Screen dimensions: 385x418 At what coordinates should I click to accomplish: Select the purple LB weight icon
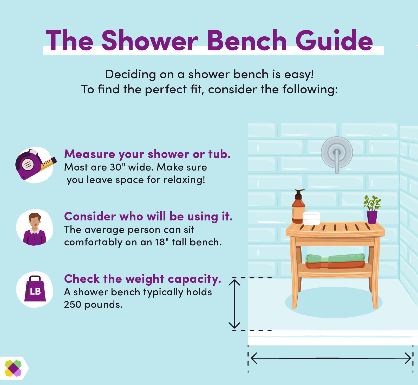click(x=35, y=290)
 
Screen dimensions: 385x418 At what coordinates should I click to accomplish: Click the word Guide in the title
click(x=334, y=41)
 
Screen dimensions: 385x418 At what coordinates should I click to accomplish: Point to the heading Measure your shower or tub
click(x=147, y=154)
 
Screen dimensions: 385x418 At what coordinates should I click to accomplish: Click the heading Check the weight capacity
click(x=142, y=279)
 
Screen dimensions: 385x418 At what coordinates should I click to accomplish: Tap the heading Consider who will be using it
click(x=148, y=216)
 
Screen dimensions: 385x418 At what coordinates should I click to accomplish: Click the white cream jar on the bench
click(x=311, y=218)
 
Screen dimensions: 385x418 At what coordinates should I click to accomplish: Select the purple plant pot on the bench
click(x=372, y=217)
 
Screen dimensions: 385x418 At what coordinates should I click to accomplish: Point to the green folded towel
click(x=335, y=258)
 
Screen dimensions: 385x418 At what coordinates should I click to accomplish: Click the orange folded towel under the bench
click(x=335, y=265)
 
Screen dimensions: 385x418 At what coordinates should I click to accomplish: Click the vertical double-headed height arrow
click(x=234, y=304)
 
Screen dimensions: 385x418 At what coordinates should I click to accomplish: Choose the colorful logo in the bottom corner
click(x=13, y=368)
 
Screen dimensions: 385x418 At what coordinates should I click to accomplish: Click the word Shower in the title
click(x=150, y=41)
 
